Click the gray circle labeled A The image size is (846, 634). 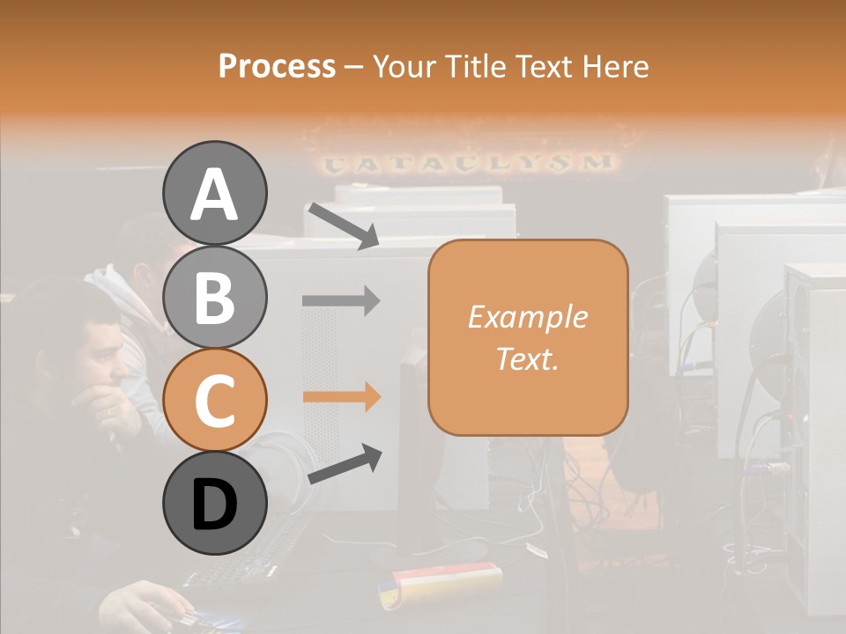[214, 193]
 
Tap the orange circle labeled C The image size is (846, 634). [214, 400]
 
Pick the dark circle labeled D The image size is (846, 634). [214, 503]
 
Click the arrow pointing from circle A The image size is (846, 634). [343, 225]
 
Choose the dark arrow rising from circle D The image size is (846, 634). [345, 464]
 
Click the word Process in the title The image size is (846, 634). [277, 66]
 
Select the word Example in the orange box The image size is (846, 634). [527, 317]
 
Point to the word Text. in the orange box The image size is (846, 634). [527, 358]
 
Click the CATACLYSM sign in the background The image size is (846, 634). [467, 163]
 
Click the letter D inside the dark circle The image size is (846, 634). [214, 505]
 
